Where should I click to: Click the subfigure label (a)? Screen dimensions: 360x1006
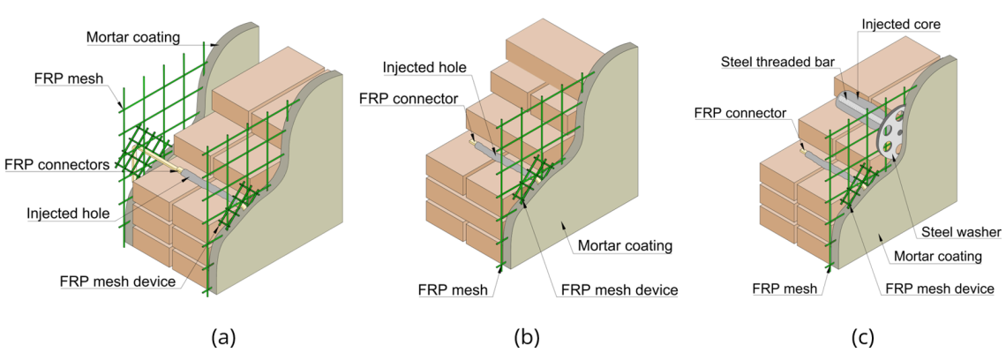223,336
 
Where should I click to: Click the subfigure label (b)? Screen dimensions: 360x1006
526,336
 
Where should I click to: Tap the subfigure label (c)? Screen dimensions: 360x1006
862,336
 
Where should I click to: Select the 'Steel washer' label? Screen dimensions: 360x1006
960,232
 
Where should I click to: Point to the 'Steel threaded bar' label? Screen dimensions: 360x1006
770,62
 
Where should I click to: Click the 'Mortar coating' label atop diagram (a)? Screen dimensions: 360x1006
133,37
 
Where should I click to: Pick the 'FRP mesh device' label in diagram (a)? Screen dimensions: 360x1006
116,282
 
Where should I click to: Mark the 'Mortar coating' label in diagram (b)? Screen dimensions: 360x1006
625,244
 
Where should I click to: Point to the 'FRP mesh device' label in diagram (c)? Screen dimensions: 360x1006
939,289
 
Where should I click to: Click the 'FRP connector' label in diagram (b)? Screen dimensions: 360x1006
409,98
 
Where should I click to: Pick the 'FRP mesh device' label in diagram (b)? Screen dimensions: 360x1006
619,289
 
